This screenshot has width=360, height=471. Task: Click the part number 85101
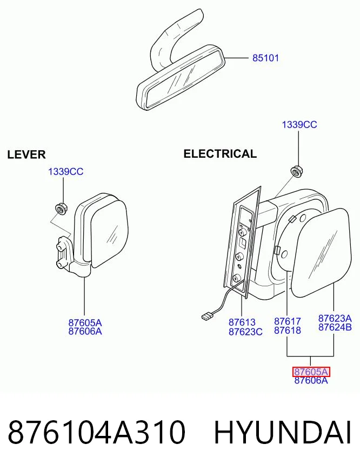[x=265, y=58]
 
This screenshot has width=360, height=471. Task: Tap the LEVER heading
[x=26, y=154]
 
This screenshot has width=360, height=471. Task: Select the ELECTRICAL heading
[x=220, y=154]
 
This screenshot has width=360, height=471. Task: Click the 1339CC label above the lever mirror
[x=66, y=172]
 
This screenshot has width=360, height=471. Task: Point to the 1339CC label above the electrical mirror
[x=299, y=124]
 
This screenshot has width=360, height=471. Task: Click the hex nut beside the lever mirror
[x=62, y=209]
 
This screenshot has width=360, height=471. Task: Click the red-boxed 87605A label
[x=311, y=372]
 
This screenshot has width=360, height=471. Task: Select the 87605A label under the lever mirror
[x=85, y=323]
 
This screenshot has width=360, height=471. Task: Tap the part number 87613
[x=242, y=322]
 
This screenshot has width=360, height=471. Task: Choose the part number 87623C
[x=245, y=332]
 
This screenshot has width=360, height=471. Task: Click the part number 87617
[x=287, y=321]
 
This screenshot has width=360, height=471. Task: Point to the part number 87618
[x=287, y=331]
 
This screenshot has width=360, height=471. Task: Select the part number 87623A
[x=335, y=318]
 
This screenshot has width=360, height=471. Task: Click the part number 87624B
[x=335, y=327]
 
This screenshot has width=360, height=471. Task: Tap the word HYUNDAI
[x=283, y=433]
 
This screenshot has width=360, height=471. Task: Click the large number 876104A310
[x=96, y=433]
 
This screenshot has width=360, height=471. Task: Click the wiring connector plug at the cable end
[x=207, y=317]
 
